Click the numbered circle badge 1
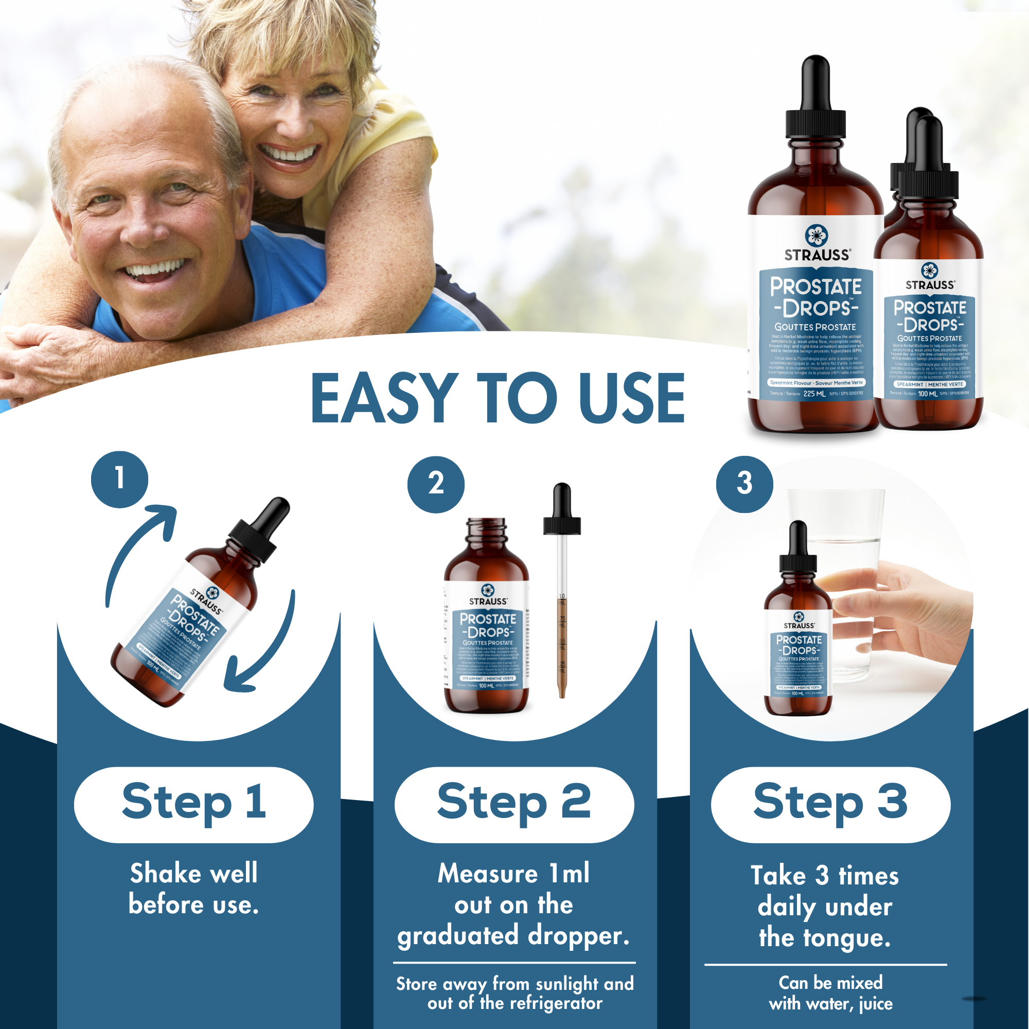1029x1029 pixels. pos(119,479)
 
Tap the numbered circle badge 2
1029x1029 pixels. pos(436,484)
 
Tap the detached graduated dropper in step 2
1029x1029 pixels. pos(562,591)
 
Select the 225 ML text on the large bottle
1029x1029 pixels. pos(814,394)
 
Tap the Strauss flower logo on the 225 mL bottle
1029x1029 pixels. pos(816,235)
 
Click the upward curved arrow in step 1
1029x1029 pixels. pos(138,548)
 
